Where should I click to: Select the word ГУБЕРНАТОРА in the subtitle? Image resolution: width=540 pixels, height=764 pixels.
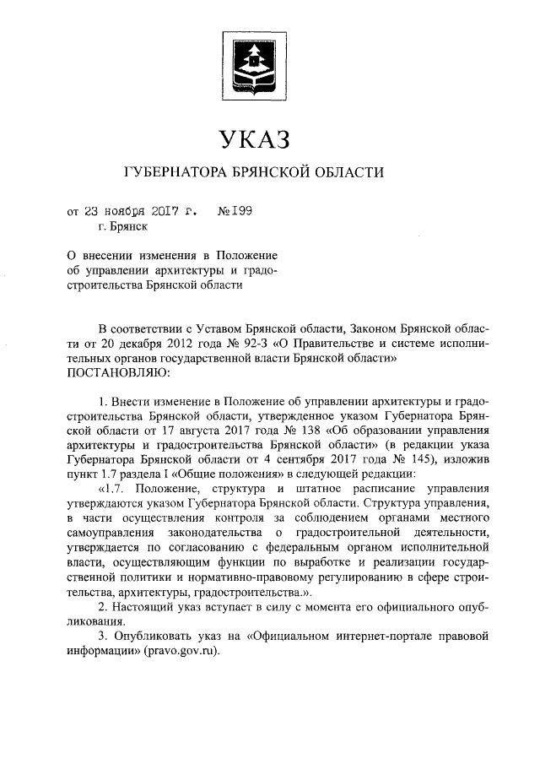click(x=174, y=174)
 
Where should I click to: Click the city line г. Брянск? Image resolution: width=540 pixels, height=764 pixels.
click(x=123, y=226)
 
